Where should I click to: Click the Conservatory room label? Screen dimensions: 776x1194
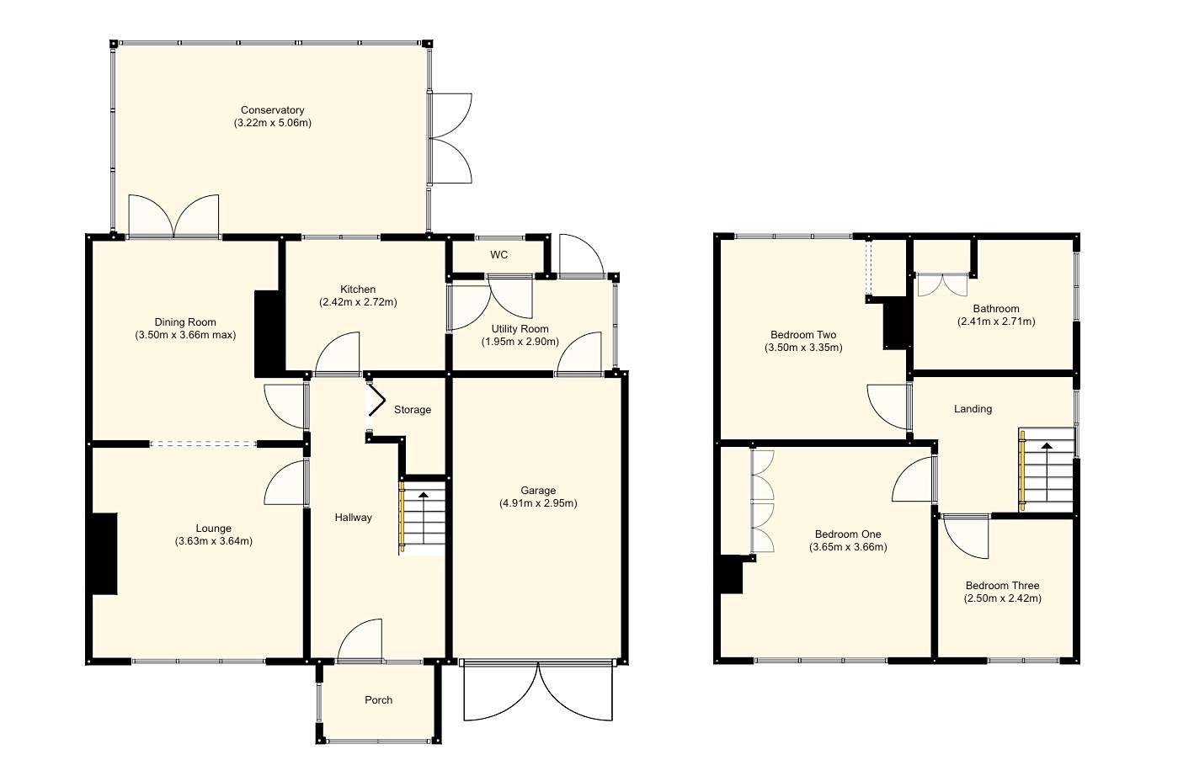click(x=272, y=110)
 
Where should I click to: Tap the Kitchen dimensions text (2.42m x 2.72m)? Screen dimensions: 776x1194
click(x=358, y=302)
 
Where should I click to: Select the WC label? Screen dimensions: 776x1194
click(x=498, y=255)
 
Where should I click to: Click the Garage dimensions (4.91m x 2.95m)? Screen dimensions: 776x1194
click(x=537, y=503)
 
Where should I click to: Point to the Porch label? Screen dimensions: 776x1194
click(x=378, y=700)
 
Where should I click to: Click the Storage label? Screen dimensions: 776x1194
click(x=413, y=410)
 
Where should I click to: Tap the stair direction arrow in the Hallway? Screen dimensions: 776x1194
click(x=423, y=496)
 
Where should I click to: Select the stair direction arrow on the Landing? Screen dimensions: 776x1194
click(x=1047, y=447)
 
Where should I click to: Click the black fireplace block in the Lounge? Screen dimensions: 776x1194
click(x=104, y=555)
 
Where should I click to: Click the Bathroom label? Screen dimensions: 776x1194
click(x=996, y=309)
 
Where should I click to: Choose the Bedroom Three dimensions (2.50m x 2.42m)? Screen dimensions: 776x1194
click(x=1002, y=598)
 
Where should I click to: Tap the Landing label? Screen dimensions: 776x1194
click(x=973, y=409)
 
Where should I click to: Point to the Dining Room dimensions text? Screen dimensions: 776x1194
click(x=184, y=335)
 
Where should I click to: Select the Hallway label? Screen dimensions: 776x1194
click(x=353, y=518)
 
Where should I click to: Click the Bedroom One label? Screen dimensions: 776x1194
click(x=848, y=534)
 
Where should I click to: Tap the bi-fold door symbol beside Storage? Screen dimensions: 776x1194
click(x=376, y=400)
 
